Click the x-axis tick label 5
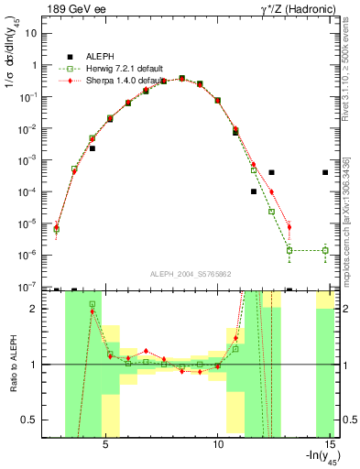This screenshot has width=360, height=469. [x=105, y=444]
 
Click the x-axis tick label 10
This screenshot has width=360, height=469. [x=218, y=444]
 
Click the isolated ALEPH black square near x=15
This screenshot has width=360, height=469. [x=325, y=172]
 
